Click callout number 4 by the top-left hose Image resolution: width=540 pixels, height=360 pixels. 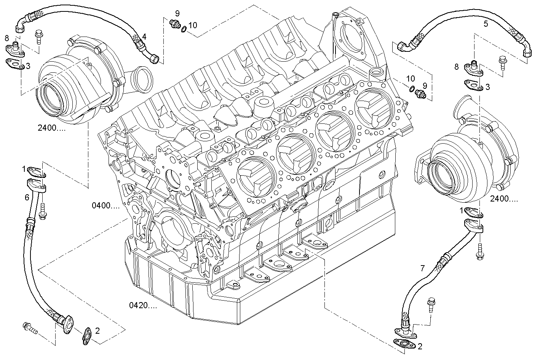(x=144, y=37)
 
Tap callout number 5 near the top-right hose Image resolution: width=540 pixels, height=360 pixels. (x=486, y=24)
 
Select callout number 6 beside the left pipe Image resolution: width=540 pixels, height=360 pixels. (x=27, y=197)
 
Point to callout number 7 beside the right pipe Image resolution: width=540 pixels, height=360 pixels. (x=422, y=268)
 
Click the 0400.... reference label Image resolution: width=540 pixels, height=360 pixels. (x=105, y=206)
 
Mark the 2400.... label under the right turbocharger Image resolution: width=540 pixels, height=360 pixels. (x=504, y=198)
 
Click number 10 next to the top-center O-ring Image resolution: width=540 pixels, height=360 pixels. (x=193, y=25)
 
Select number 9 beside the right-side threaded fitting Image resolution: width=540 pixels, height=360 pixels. (x=425, y=86)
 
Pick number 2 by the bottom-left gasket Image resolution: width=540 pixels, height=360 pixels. (x=97, y=331)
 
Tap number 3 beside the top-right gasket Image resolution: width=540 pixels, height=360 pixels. (x=487, y=87)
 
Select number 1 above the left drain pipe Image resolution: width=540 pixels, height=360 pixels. (x=24, y=169)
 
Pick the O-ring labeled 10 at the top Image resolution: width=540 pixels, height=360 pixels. (x=184, y=29)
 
